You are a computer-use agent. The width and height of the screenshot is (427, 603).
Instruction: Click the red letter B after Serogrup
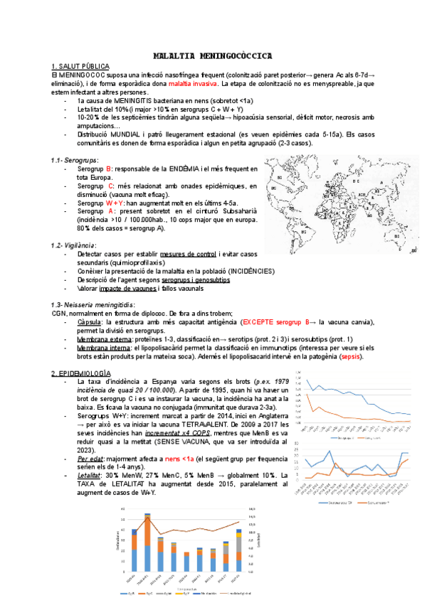point(108,169)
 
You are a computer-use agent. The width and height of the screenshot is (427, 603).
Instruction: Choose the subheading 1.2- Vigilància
point(75,245)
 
